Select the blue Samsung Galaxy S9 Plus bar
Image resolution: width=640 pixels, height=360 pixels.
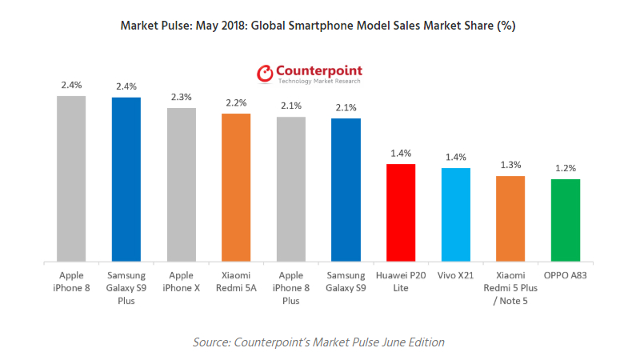pyautogui.click(x=126, y=179)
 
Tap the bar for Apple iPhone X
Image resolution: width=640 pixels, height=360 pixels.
pyautogui.click(x=181, y=184)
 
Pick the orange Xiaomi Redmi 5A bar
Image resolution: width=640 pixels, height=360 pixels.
pyautogui.click(x=236, y=187)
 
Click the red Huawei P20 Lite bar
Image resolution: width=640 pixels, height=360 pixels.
pyautogui.click(x=401, y=213)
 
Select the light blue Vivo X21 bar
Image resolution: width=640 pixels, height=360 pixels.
pyautogui.click(x=456, y=214)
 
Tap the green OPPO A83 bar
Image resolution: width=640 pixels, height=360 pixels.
pyautogui.click(x=566, y=220)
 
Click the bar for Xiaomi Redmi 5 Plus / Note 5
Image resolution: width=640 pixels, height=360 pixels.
pyautogui.click(x=510, y=218)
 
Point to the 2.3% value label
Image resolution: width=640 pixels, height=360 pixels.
pyautogui.click(x=181, y=97)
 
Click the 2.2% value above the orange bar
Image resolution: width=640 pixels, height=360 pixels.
pyautogui.click(x=236, y=102)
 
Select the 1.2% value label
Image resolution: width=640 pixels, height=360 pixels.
pyautogui.click(x=566, y=169)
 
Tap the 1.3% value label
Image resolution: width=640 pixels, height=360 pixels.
pyautogui.click(x=510, y=165)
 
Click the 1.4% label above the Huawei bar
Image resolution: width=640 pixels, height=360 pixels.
pyautogui.click(x=401, y=153)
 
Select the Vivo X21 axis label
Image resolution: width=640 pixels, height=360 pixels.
pyautogui.click(x=456, y=274)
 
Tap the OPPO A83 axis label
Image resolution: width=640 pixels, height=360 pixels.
pyautogui.click(x=566, y=274)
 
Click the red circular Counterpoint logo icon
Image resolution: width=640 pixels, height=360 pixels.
pyautogui.click(x=265, y=74)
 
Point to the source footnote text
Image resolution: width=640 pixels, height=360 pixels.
pyautogui.click(x=318, y=342)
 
